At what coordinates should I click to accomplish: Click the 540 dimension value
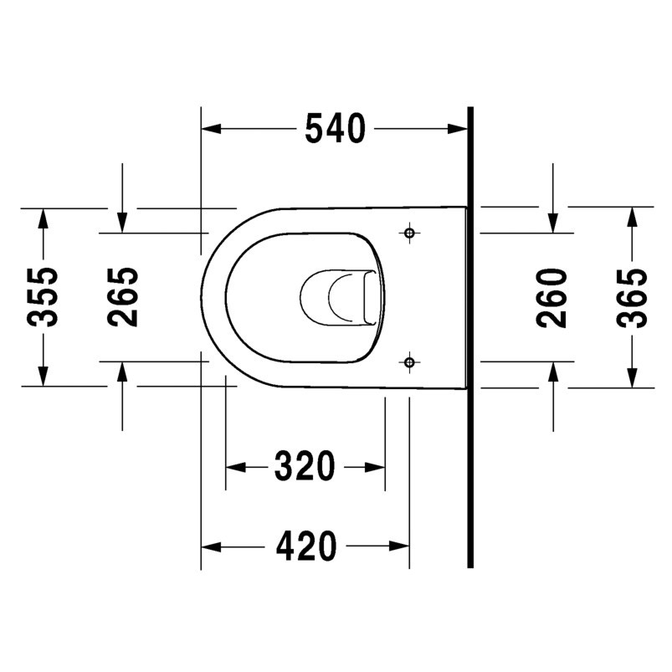coord(335,128)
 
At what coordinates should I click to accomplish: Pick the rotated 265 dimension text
coord(122,297)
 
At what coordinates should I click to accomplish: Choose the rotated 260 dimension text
coord(551,297)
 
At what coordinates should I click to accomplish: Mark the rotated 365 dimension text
coord(632,297)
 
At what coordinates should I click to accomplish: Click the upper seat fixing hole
coord(409,232)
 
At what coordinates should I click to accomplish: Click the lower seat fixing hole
coord(409,362)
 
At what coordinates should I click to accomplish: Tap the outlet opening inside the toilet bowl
coord(335,297)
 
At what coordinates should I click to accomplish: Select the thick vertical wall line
coord(470,335)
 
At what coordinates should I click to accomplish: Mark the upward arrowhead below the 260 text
coord(552,372)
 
